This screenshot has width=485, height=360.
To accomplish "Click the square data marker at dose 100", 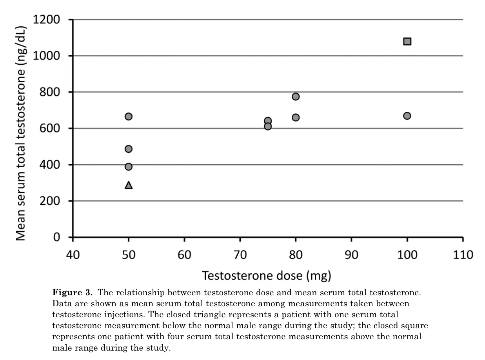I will point(407,41).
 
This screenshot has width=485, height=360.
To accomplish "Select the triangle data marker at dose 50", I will point(129,185).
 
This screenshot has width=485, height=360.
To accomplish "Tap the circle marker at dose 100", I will point(407,116).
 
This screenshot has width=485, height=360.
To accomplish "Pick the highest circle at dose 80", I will point(296,96).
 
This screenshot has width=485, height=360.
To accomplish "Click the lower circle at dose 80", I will point(296,117).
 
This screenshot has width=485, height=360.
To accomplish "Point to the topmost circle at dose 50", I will point(129,116).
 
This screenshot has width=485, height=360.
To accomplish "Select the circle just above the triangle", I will point(129,167).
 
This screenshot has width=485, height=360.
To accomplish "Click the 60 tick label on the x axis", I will point(184,255).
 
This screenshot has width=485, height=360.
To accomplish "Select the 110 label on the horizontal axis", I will point(463,255).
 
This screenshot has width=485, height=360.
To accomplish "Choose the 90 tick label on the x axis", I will point(351,255).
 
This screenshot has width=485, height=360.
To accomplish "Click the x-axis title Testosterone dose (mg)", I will point(267,276).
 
